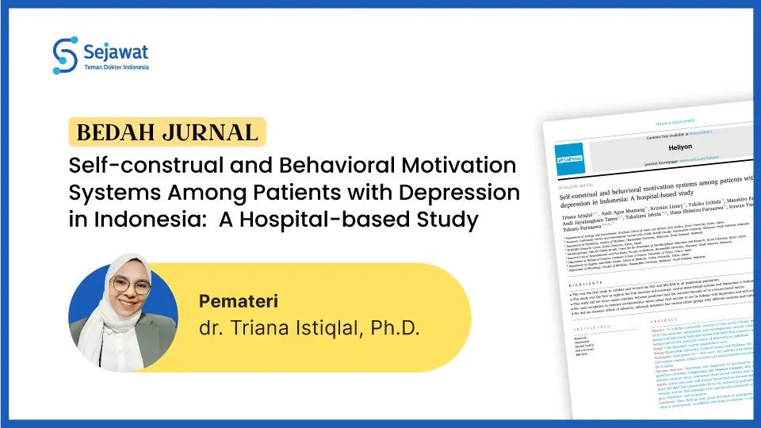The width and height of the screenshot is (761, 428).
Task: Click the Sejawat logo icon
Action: (66, 53)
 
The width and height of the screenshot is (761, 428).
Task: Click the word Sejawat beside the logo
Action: (116, 52)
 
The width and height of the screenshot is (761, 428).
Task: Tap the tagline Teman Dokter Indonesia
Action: (117, 68)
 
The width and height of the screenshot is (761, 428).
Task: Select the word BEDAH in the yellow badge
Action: (109, 132)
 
